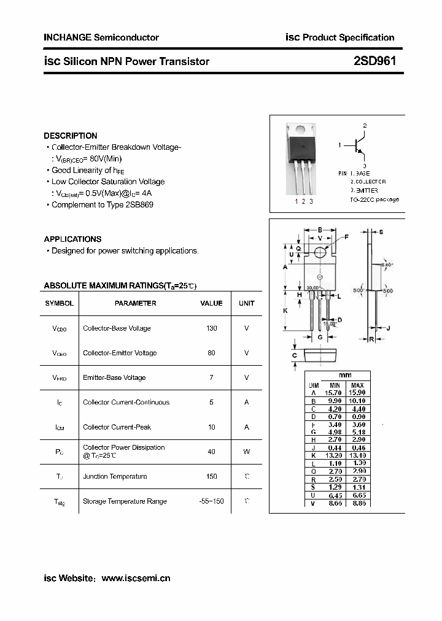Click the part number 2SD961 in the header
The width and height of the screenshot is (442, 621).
point(374,61)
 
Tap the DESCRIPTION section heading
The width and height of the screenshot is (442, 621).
point(71,136)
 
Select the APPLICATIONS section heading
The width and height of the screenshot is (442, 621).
point(72,239)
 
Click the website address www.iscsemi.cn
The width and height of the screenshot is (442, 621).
point(136,578)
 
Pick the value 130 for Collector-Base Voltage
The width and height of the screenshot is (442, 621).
point(212,328)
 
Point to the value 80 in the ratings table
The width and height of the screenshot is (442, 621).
point(212,353)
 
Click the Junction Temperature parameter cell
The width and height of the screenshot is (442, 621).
point(115,476)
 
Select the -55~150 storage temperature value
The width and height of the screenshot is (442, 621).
point(212,501)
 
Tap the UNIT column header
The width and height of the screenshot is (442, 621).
point(247,303)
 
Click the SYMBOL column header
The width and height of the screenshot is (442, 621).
point(60,303)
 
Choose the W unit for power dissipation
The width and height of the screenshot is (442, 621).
point(247,452)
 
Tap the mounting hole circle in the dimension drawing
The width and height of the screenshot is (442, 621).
point(320,252)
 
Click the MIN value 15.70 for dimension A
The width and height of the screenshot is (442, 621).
point(333,392)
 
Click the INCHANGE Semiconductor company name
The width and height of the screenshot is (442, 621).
point(101,37)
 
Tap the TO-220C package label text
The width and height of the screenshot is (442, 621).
point(374,199)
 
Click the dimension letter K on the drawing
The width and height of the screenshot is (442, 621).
point(285,311)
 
